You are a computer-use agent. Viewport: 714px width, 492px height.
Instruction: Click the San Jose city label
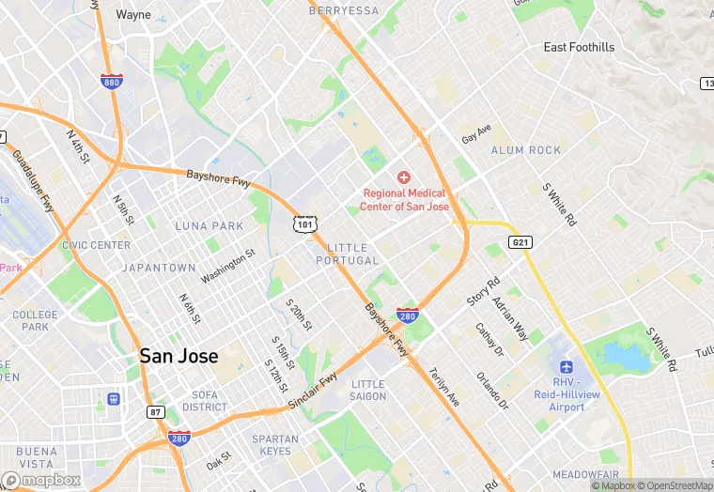178,356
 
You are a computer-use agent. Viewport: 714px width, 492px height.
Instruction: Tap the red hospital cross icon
404,177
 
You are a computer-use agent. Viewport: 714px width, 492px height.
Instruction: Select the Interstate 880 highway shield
112,82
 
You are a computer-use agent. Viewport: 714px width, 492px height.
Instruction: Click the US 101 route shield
304,223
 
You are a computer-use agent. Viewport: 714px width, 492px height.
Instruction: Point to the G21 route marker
520,242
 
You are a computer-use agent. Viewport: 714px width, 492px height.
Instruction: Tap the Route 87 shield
156,412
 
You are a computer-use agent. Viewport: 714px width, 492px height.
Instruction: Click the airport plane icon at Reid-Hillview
566,366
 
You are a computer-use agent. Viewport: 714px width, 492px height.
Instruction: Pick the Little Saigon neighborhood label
368,390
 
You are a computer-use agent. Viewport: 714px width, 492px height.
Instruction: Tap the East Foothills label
579,47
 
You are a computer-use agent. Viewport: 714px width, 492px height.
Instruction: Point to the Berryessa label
343,10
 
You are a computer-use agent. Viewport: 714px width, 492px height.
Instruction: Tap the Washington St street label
227,266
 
